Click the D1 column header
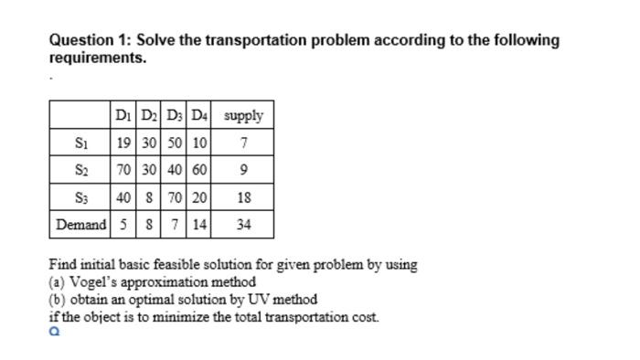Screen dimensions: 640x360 click(x=123, y=116)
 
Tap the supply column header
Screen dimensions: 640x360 click(x=244, y=116)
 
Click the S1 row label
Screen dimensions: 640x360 click(x=80, y=143)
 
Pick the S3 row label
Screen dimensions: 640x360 click(x=80, y=196)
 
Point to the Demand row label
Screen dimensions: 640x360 click(x=80, y=224)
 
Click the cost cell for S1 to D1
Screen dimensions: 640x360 click(x=123, y=143)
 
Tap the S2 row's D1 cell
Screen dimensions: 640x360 click(x=123, y=170)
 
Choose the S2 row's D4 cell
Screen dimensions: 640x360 click(x=200, y=170)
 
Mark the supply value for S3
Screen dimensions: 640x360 click(x=244, y=196)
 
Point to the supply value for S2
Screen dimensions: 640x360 click(x=244, y=170)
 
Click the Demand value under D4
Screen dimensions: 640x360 click(x=200, y=224)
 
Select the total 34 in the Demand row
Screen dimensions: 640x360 click(x=244, y=224)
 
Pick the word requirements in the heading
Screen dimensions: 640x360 click(x=95, y=58)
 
